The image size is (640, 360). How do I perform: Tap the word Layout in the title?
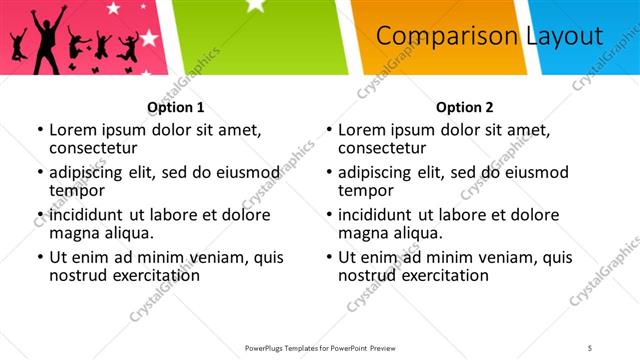(x=564, y=36)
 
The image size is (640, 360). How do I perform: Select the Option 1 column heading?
(x=175, y=107)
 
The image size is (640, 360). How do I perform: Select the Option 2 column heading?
(x=464, y=107)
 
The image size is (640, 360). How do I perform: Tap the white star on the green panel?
(x=256, y=6)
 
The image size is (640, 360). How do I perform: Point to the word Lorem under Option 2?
(x=362, y=129)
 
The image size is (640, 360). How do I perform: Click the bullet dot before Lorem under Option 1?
(x=40, y=130)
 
